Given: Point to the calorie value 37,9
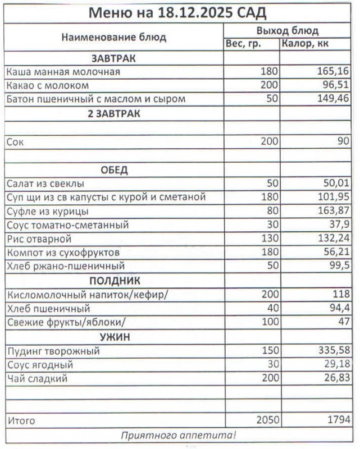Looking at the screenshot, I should click(x=338, y=224).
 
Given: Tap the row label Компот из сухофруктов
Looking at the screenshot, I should click(x=63, y=253).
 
